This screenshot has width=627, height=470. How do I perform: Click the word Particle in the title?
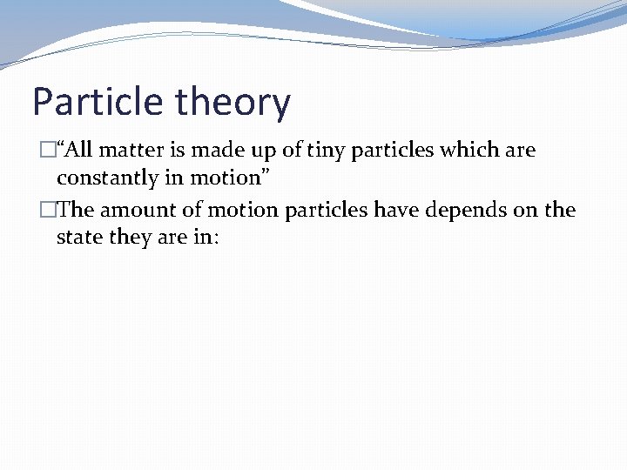(98, 102)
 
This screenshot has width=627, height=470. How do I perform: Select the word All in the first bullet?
(79, 150)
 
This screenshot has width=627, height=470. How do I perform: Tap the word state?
(78, 238)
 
